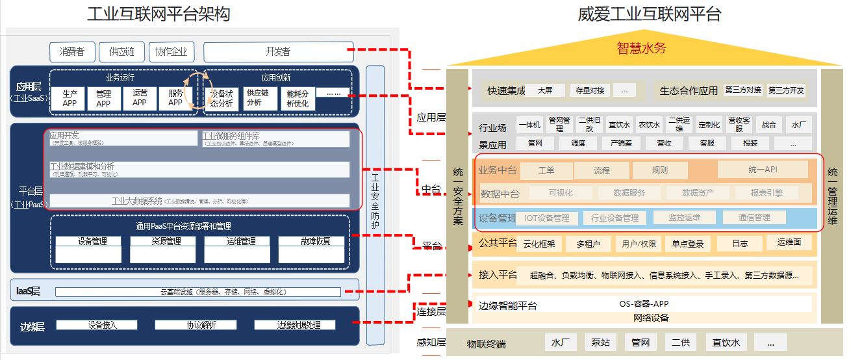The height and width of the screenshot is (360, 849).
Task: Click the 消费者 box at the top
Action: (x=72, y=51)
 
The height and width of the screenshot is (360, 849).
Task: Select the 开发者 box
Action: (x=278, y=51)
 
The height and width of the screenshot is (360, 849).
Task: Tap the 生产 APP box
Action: (x=70, y=97)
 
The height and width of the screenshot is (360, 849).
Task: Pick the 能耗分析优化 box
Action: (x=298, y=98)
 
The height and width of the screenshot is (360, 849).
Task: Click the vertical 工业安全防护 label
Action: (x=375, y=201)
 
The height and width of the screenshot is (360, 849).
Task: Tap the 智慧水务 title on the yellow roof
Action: (x=641, y=47)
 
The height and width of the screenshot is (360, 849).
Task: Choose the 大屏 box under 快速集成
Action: (x=545, y=90)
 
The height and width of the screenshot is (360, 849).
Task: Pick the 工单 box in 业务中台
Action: (x=546, y=171)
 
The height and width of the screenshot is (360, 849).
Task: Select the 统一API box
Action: (x=763, y=170)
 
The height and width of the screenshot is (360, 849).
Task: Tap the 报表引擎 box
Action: (x=767, y=193)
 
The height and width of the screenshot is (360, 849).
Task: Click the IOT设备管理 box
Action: (x=547, y=218)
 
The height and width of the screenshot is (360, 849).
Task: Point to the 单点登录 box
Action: (x=688, y=244)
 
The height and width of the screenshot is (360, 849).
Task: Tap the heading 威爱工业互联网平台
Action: (x=649, y=14)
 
